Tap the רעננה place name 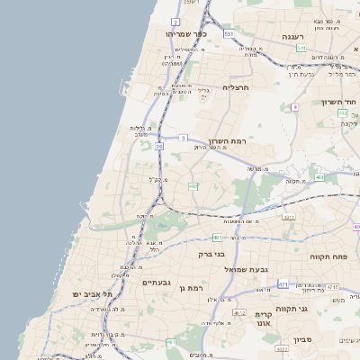[x=292, y=36]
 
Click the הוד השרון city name [x=339, y=102]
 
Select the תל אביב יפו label [x=94, y=294]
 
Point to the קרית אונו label [x=264, y=318]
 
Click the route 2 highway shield [x=175, y=22]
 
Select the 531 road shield [x=229, y=33]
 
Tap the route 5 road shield [x=183, y=138]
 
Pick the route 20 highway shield [x=159, y=146]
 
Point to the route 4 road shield [x=294, y=107]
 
